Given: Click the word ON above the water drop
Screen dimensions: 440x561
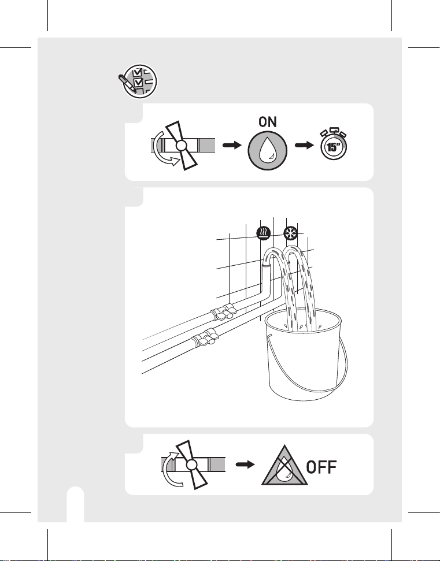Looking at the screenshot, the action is tap(268, 122).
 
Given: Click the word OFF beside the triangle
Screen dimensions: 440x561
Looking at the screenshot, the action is tap(321, 467).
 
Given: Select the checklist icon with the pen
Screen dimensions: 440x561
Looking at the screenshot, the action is tap(138, 81).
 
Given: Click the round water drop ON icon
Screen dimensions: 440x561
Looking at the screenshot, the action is tap(268, 151).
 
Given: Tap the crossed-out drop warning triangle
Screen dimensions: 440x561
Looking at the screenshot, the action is tap(284, 466).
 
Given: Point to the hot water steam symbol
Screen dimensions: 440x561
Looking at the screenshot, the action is tap(264, 233).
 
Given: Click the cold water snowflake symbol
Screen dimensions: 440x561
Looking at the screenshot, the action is tap(290, 233).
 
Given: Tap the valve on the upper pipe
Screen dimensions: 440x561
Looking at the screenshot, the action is tap(223, 312).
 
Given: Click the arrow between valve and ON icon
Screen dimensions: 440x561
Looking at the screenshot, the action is tap(232, 145).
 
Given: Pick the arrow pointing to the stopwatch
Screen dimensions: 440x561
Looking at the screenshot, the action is tap(304, 145).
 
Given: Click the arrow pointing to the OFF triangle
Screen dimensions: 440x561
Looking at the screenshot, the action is tap(245, 465).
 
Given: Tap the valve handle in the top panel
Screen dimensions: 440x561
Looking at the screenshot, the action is tap(181, 145).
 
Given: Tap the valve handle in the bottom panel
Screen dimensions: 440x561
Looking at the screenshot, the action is tap(192, 465).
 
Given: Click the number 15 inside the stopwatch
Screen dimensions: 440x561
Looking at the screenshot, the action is tap(333, 147).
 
